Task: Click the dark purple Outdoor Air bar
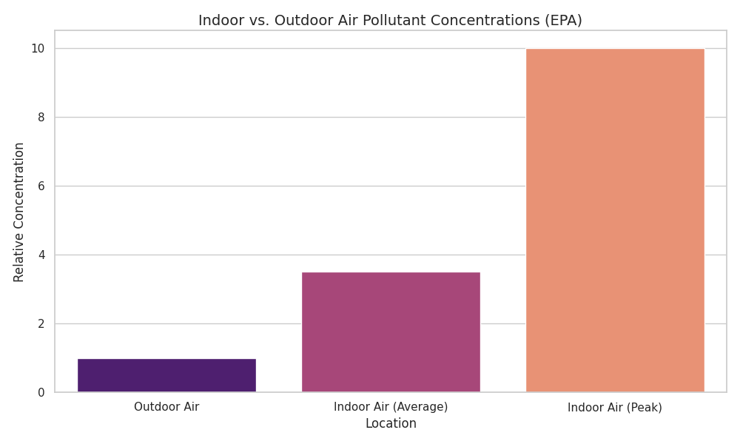(x=166, y=375)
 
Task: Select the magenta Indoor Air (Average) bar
(x=391, y=332)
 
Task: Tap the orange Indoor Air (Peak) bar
(x=615, y=221)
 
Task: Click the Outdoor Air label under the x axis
(x=166, y=407)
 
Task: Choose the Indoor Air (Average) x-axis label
(x=391, y=407)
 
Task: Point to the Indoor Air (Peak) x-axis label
(x=615, y=407)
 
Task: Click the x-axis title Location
(x=391, y=424)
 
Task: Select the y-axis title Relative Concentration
(x=19, y=212)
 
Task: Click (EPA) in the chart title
(x=563, y=21)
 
